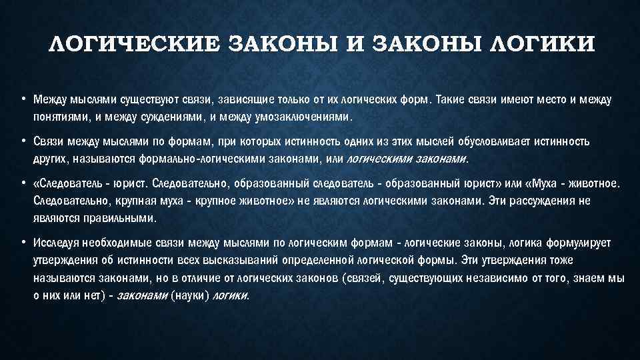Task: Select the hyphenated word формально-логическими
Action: (x=199, y=159)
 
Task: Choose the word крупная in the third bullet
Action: (x=121, y=201)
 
